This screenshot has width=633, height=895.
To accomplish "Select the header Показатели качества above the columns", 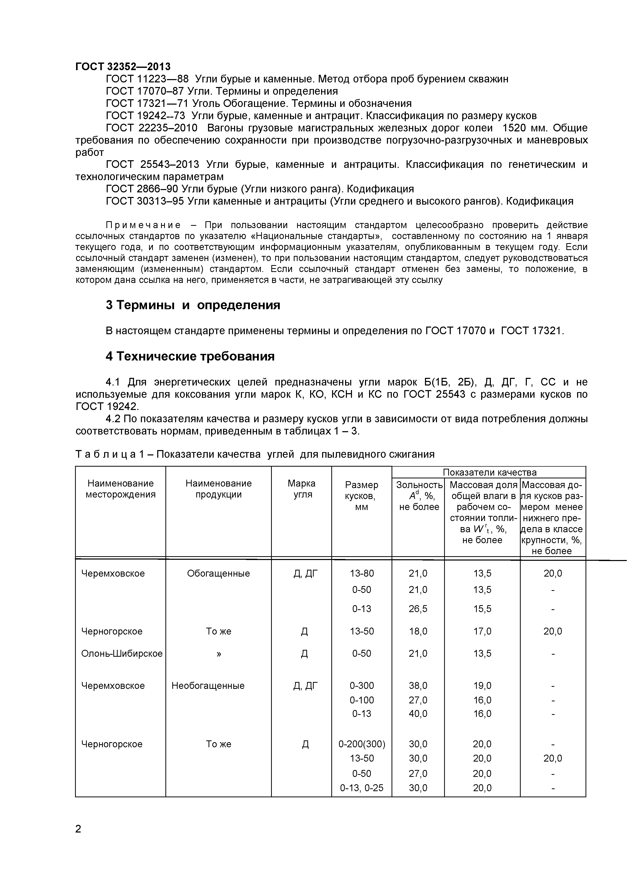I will coord(490,473).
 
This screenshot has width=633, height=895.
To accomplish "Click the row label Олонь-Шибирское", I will coord(122,653).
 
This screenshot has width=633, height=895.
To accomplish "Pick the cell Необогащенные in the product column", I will coord(208,686).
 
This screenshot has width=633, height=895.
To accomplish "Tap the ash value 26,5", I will coord(418,609).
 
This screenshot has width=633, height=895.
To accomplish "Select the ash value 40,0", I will coord(418,714).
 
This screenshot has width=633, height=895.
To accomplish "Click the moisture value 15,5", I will coord(482,609).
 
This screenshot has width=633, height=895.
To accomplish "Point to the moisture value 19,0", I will coord(482,686).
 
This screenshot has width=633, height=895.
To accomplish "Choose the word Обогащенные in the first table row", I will coord(218,574).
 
